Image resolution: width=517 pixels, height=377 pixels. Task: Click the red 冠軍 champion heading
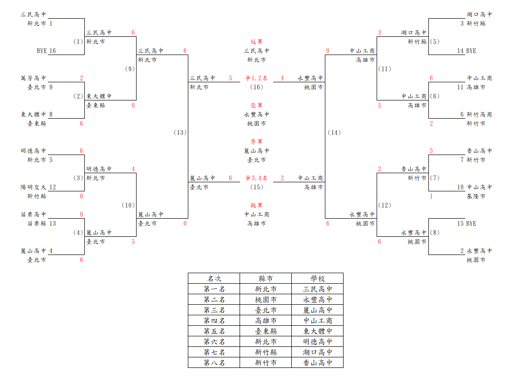pos(256,42)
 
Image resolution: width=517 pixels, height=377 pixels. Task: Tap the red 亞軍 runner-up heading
pos(256,105)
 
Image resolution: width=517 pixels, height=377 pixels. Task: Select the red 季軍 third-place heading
pos(256,142)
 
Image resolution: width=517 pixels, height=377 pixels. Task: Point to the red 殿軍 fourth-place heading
pos(256,205)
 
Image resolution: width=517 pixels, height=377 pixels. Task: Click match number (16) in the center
pos(256,87)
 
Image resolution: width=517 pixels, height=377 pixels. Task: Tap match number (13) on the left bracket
pos(180,133)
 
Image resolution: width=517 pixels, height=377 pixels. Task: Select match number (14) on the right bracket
pos(334,133)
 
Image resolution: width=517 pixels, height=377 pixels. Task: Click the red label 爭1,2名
pos(256,78)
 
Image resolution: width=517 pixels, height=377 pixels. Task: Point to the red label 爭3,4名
pos(256,178)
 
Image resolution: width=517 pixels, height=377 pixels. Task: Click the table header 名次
pos(214,278)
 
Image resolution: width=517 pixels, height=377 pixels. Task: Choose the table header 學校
pos(318,278)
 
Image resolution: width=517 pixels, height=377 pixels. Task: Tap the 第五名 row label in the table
pos(214,331)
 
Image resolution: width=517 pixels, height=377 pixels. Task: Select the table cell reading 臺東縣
pos(266,331)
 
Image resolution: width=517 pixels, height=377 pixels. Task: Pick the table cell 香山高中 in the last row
pos(318,363)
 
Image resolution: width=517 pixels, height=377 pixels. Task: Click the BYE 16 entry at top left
pos(46,51)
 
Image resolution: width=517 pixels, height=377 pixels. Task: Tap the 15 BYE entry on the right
pos(467,223)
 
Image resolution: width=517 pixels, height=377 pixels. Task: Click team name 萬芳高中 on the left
pos(34,78)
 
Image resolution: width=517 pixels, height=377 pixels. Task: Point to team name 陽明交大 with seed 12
pos(34,188)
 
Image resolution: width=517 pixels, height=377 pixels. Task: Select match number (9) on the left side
pos(130,69)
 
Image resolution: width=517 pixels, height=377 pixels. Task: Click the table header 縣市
pos(266,278)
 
